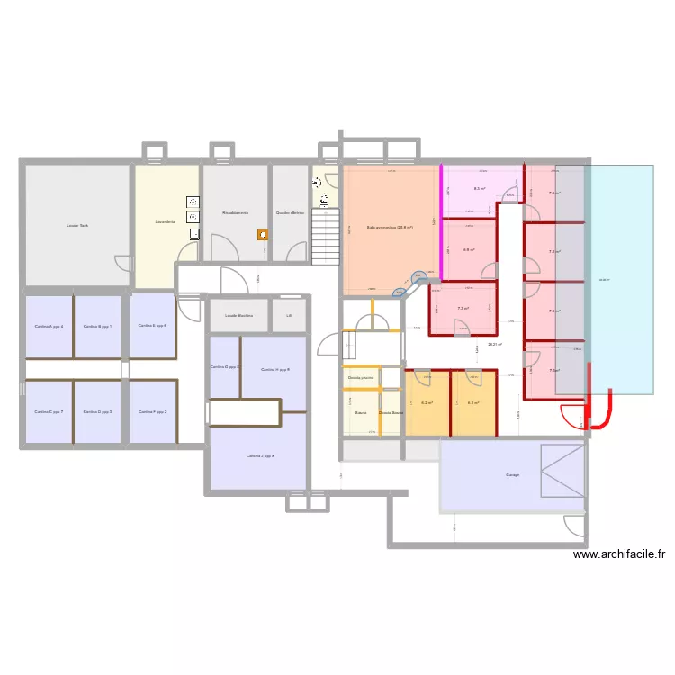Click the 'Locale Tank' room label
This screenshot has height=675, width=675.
(x=77, y=226)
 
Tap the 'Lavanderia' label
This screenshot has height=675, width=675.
(x=164, y=221)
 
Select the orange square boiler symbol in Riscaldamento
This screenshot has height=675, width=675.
(x=263, y=235)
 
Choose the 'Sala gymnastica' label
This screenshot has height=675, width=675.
(x=390, y=228)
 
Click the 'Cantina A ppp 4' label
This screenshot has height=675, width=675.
(x=49, y=327)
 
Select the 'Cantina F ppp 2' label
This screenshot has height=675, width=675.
(x=153, y=411)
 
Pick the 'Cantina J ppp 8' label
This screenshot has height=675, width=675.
(x=260, y=456)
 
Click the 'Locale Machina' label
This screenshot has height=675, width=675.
(x=238, y=316)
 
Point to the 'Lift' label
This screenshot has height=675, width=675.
(x=289, y=316)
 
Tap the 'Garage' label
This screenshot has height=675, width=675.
(x=513, y=475)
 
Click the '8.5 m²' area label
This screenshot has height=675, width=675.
(x=480, y=189)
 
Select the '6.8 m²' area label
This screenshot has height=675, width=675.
(x=469, y=250)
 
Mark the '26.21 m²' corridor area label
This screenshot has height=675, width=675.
(x=495, y=344)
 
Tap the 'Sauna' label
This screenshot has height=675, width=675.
(x=360, y=413)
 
